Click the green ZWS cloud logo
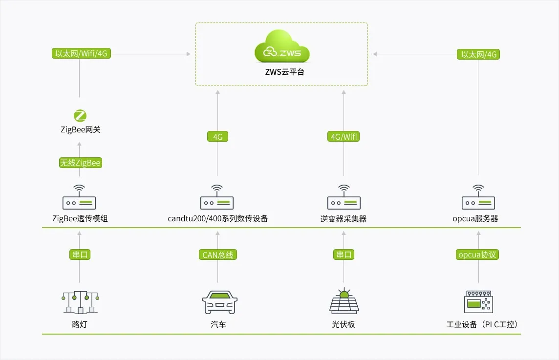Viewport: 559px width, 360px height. point(282,47)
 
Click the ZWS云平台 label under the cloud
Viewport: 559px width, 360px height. point(281,72)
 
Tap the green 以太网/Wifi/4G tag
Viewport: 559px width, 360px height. point(81,54)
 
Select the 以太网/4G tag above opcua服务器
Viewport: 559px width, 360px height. point(478,54)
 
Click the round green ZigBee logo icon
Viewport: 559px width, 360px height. point(80,116)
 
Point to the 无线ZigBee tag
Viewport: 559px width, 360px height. point(80,163)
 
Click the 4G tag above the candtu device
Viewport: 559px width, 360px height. point(217,137)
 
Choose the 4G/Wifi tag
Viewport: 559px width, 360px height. point(343,137)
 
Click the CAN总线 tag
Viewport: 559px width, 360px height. point(218,254)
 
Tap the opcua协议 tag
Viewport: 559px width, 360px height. point(478,254)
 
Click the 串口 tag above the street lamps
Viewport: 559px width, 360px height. point(80,254)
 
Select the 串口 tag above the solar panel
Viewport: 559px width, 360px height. point(344,254)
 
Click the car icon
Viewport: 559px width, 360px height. point(220,302)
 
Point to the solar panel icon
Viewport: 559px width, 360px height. point(344,301)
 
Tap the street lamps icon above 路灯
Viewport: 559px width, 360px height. point(80,302)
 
